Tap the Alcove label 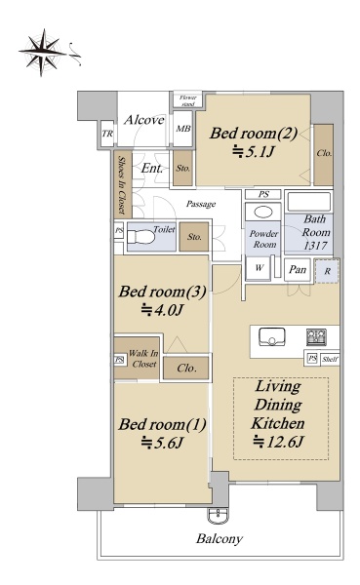[144, 120]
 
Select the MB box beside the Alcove [183, 129]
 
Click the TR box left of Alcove [107, 134]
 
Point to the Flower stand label [188, 100]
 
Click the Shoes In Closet [123, 184]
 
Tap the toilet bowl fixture [140, 237]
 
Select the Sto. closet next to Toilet [194, 237]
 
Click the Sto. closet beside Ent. [183, 168]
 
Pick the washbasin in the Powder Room [263, 213]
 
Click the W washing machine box [259, 267]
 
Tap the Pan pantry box [298, 269]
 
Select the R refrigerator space [327, 271]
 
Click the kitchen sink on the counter [272, 337]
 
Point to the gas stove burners [316, 337]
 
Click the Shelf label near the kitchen [330, 360]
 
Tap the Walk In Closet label [143, 359]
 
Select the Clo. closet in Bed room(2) [323, 154]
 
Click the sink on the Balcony [218, 517]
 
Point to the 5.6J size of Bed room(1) [162, 444]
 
